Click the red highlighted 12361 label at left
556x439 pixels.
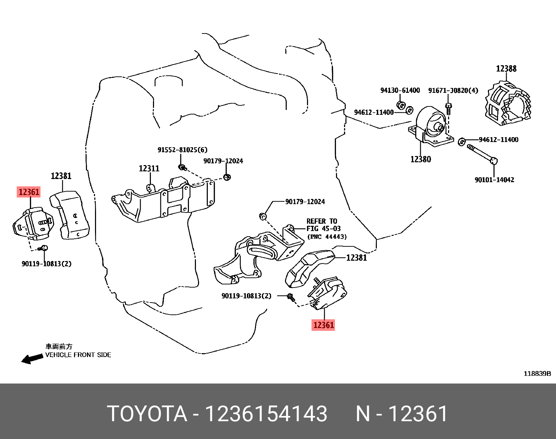pos(29,192)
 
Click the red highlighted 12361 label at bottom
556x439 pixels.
pos(323,325)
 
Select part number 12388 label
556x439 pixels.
pos(506,69)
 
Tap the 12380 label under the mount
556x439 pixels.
pos(420,159)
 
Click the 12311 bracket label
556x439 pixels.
pos(149,169)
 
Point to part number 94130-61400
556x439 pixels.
pos(400,90)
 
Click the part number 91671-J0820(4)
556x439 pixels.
pos(453,90)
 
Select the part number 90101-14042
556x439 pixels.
pos(494,180)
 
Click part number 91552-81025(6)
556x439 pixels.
pos(182,150)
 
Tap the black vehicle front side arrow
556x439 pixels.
pos(32,358)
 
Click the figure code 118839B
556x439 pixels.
pos(537,374)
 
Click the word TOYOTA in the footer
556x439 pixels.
pos(147,414)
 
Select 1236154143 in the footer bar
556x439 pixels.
pos(266,414)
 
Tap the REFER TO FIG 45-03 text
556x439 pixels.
pos(323,225)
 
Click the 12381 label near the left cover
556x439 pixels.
pos(61,176)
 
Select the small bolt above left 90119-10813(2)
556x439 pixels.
pos(44,248)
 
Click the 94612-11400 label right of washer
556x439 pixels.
pos(498,140)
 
